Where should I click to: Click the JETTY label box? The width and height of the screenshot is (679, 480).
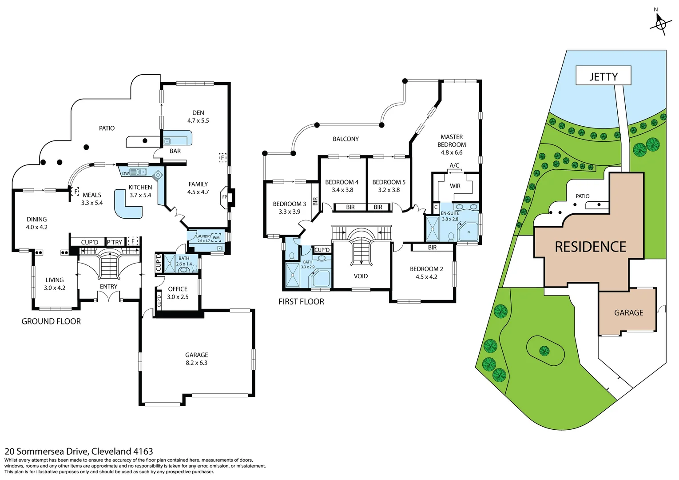click(x=603, y=76)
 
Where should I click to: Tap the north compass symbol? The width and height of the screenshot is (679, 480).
click(x=659, y=23)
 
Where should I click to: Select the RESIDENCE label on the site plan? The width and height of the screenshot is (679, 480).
click(x=590, y=247)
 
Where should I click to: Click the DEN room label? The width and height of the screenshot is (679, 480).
click(x=198, y=113)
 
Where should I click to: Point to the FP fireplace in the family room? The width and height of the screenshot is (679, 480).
click(x=225, y=197)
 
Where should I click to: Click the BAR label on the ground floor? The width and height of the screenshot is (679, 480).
click(x=175, y=151)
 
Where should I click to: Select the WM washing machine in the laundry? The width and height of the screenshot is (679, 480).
click(x=216, y=238)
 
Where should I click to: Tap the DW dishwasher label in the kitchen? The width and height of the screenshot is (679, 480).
click(x=125, y=173)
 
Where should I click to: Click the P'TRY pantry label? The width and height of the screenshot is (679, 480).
click(x=115, y=242)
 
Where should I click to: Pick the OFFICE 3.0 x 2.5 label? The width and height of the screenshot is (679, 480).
click(x=178, y=293)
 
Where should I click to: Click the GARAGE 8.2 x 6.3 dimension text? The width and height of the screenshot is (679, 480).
click(x=196, y=363)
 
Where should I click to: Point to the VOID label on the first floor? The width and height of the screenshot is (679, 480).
click(x=361, y=276)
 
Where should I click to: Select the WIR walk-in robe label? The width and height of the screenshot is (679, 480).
click(x=455, y=186)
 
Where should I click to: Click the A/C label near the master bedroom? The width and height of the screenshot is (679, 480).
click(x=454, y=165)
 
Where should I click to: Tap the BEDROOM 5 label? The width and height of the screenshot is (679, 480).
click(x=389, y=182)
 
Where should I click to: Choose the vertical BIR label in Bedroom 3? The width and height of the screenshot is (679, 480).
click(x=315, y=201)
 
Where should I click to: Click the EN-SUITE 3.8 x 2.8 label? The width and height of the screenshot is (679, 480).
click(x=450, y=216)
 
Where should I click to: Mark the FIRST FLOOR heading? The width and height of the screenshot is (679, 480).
click(x=301, y=302)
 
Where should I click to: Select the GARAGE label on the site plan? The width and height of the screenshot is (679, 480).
click(x=628, y=312)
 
